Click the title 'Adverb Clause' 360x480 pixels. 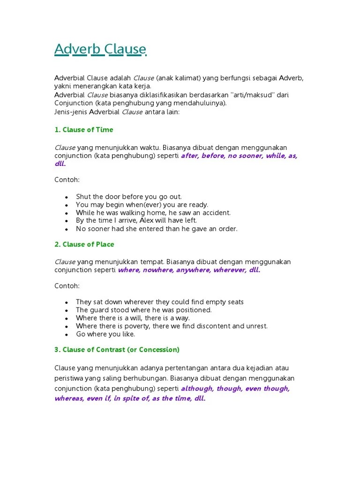point(100,49)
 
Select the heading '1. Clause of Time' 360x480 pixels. point(84,129)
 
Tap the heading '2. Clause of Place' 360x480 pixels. point(84,244)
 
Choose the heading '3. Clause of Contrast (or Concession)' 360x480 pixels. point(117,350)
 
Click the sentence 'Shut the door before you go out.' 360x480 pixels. point(129,197)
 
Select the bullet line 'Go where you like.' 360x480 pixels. point(105,334)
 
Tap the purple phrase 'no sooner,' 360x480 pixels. point(245,156)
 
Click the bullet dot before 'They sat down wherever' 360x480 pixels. point(67,303)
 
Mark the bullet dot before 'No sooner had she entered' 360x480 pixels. point(67,230)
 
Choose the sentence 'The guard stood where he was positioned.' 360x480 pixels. point(144,310)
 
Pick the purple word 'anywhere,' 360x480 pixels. point(194,270)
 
